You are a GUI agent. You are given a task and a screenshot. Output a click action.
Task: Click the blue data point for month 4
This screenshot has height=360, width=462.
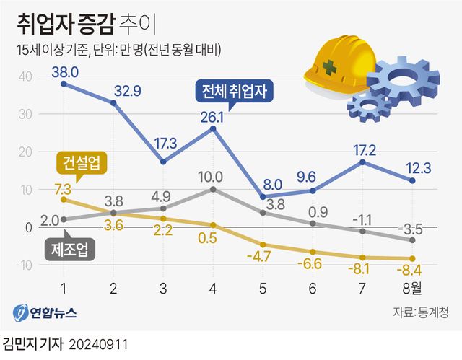(x=214, y=128)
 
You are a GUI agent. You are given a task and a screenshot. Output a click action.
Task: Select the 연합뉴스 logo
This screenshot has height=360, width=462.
(x=45, y=313)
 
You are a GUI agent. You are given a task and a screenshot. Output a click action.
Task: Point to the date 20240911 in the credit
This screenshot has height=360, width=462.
(x=101, y=343)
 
